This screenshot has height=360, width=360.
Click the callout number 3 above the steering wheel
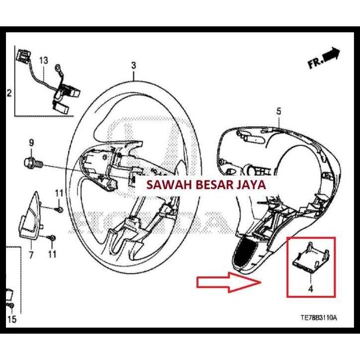click(x=133, y=65)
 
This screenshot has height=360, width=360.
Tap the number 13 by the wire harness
click(x=44, y=60)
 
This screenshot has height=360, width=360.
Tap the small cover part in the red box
click(x=310, y=259)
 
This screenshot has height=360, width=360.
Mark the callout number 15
click(x=12, y=319)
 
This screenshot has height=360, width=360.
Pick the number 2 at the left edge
click(x=8, y=93)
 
